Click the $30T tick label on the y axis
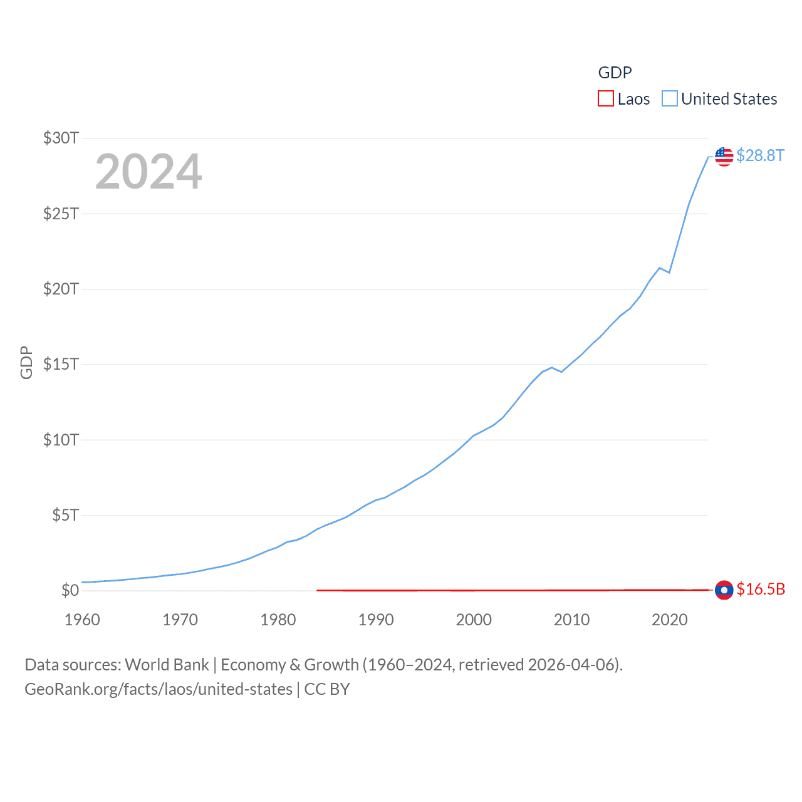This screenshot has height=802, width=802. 61,138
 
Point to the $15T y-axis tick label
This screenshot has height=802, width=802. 61,364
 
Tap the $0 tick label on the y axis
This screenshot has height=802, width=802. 70,590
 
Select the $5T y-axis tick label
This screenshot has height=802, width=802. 65,515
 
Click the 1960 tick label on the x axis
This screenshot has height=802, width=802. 82,620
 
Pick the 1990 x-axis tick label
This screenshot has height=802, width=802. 376,620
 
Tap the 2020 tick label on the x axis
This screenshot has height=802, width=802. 670,620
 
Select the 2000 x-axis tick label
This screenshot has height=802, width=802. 474,620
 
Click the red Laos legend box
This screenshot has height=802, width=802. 606,99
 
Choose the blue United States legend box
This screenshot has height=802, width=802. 670,99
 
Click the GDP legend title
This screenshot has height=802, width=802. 615,73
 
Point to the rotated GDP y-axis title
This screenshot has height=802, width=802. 26,362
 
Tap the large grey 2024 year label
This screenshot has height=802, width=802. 148,172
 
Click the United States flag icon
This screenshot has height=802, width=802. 724,157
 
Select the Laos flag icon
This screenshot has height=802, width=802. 724,590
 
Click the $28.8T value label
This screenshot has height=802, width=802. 760,155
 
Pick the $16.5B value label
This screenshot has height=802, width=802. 761,589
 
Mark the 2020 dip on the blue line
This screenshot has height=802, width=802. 669,273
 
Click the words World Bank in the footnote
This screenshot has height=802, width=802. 167,665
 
